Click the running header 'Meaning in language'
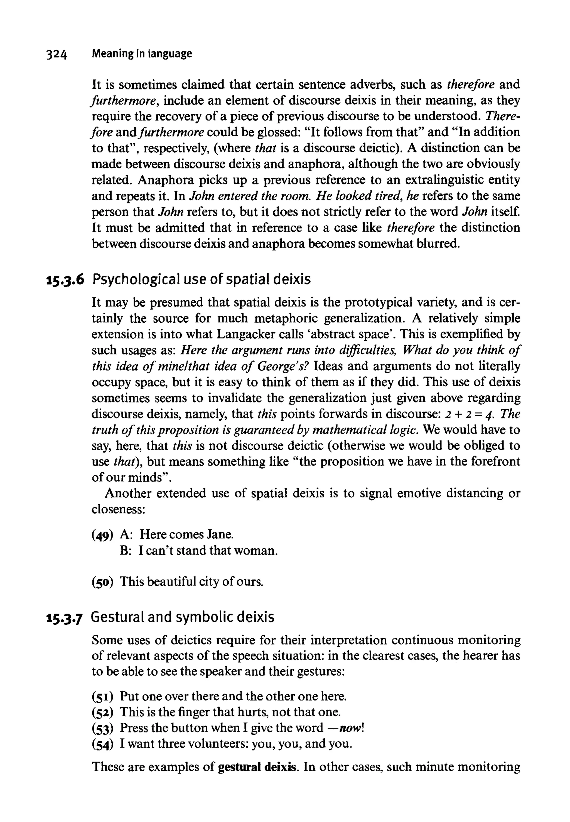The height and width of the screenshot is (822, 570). (x=142, y=53)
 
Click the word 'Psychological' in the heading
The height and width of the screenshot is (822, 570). (x=136, y=279)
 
